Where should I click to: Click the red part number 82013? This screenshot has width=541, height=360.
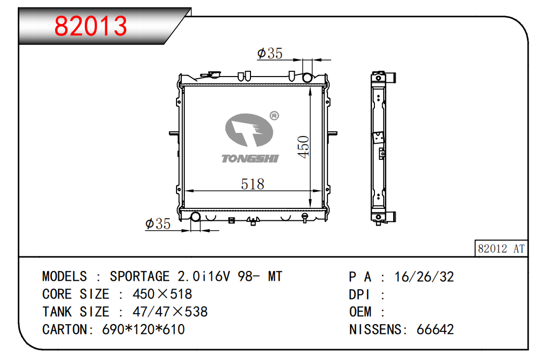91,26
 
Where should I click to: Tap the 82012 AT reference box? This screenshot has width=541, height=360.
501,249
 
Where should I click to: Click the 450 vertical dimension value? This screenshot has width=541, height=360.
304,147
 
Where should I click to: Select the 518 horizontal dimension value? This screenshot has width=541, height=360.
253,184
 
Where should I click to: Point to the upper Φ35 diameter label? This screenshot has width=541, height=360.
270,53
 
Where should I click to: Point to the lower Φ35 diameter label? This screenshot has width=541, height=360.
158,224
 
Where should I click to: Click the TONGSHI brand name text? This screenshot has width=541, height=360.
250,158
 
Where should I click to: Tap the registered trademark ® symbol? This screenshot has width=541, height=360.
274,116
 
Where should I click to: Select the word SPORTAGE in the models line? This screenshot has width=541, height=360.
140,276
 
